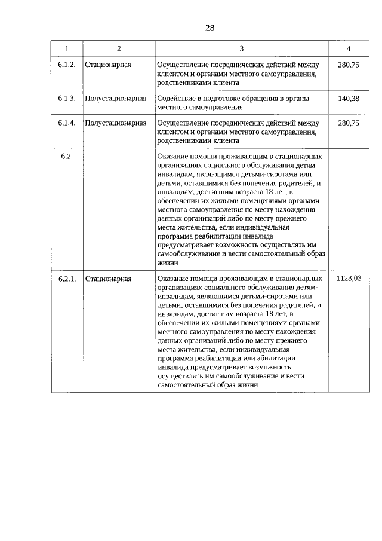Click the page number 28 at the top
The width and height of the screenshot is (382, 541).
(x=210, y=27)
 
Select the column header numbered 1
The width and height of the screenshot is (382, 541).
(x=67, y=48)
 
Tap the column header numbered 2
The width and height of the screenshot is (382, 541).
(x=119, y=48)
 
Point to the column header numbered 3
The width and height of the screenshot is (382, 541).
(x=241, y=48)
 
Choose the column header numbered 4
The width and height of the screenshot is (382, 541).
(x=348, y=48)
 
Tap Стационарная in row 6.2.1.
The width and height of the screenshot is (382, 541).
(x=108, y=279)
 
